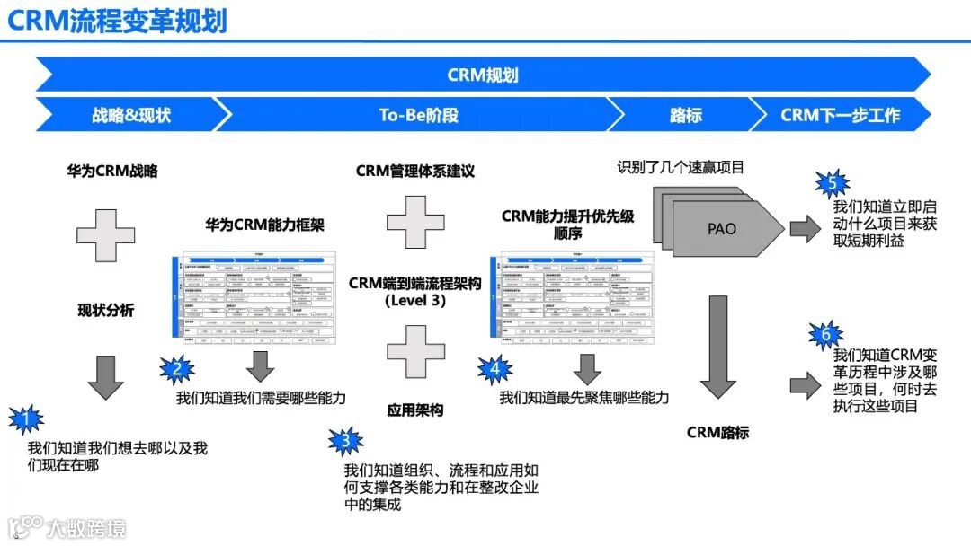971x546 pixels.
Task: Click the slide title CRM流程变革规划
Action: point(117,22)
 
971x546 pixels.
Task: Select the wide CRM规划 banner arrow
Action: point(482,75)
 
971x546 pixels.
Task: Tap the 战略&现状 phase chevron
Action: point(130,115)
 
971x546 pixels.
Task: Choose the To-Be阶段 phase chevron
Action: point(418,115)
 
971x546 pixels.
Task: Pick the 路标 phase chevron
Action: point(685,115)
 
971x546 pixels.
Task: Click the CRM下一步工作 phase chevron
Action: point(839,115)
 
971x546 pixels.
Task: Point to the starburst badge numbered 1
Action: point(26,418)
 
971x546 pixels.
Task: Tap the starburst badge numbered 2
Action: point(177,368)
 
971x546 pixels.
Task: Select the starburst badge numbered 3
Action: point(344,441)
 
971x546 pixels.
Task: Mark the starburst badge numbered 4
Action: point(494,368)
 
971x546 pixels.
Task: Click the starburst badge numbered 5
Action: point(832,184)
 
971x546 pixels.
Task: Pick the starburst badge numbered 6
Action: point(826,336)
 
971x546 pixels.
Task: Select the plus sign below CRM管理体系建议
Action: point(415,222)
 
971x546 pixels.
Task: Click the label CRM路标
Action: point(717,432)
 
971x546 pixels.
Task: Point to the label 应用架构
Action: point(415,410)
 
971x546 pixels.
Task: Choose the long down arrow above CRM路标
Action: point(717,346)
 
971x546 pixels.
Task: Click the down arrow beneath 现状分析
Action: point(106,376)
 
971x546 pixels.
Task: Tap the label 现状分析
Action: point(106,311)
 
